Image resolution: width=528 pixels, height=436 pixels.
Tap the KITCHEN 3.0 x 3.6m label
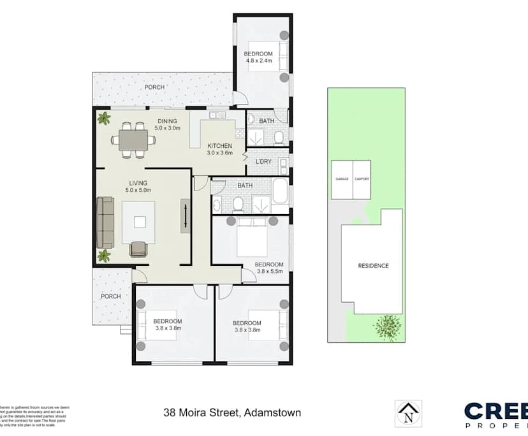[219, 149]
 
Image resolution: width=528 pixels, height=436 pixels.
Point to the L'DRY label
[263, 161]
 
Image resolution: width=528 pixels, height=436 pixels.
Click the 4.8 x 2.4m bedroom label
[258, 57]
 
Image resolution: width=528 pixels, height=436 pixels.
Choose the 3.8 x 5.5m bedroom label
[268, 267]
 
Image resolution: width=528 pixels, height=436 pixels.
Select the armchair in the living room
[138, 249]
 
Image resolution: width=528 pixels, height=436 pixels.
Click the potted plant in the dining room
[103, 119]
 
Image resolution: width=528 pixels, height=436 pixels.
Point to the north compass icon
[407, 412]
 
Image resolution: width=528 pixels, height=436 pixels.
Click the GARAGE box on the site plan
[342, 180]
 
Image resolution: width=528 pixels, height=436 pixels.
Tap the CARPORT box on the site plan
[362, 180]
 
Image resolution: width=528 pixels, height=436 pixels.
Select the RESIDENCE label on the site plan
[372, 266]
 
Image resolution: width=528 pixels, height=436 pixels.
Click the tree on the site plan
[389, 328]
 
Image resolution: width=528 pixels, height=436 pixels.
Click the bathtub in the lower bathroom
[281, 191]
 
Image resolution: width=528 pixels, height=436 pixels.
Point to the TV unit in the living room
[185, 215]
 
